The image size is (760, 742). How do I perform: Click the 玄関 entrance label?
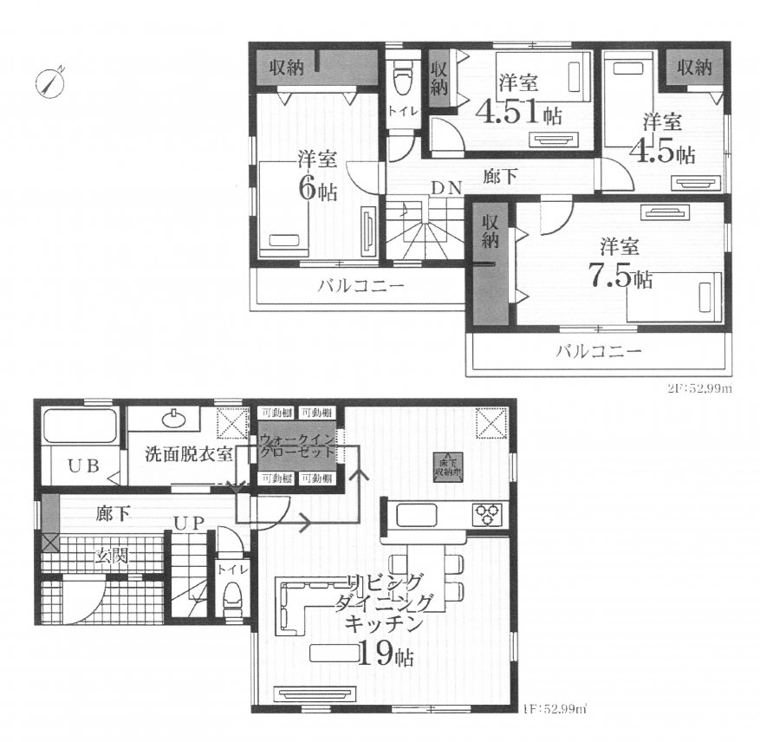tap(113, 555)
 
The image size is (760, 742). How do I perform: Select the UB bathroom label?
tap(83, 465)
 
